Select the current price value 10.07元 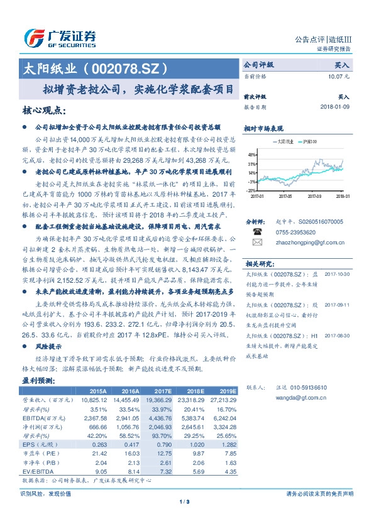coord(339,76)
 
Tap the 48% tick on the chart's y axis coord(251,153)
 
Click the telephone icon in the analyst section coord(256,232)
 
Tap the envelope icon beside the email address coord(256,241)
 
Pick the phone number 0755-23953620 coord(295,232)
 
